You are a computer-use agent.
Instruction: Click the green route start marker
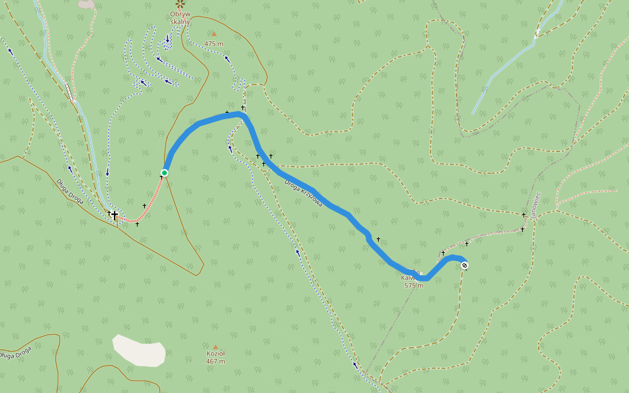click(164, 173)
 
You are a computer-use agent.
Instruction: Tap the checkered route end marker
click(465, 265)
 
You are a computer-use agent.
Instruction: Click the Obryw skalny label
click(180, 18)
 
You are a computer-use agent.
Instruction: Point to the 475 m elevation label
click(214, 44)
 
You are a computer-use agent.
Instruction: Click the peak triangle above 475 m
click(214, 34)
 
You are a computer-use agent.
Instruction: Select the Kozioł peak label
click(216, 354)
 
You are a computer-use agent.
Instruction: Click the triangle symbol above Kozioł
click(215, 346)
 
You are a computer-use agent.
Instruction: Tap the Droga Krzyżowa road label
click(303, 194)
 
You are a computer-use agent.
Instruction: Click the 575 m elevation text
click(414, 285)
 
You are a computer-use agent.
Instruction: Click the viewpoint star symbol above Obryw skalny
click(180, 3)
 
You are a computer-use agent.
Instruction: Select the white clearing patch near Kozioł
click(139, 351)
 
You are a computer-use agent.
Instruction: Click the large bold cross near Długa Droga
click(115, 215)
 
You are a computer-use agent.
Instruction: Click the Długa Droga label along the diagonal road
click(69, 192)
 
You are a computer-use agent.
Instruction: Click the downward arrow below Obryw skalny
click(167, 39)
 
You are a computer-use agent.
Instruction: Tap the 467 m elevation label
click(216, 362)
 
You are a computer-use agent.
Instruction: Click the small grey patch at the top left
click(86, 4)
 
